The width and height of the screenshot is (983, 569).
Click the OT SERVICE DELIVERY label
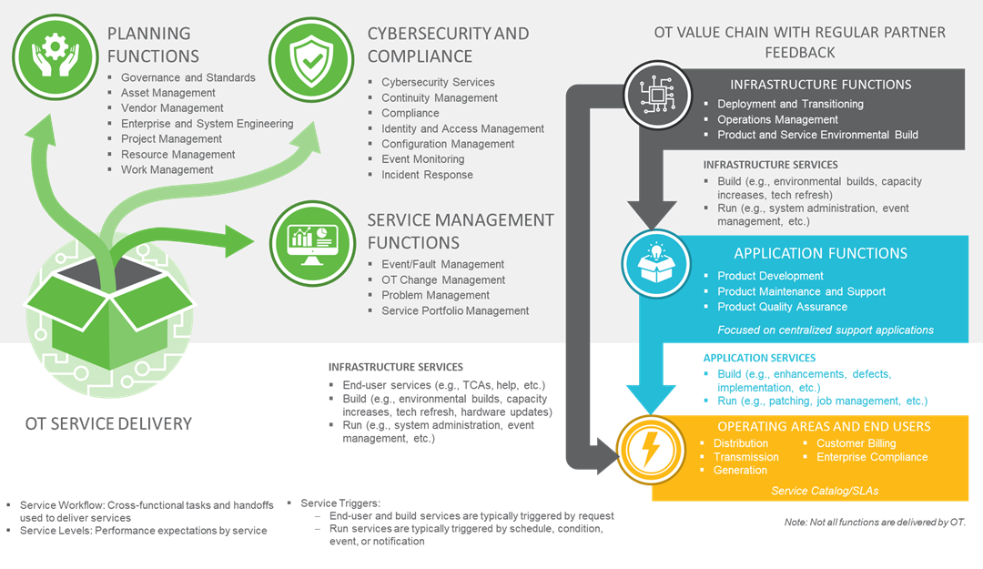click(x=107, y=423)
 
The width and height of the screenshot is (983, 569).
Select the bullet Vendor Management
click(x=172, y=108)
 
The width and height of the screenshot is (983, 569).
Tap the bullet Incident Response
click(x=427, y=175)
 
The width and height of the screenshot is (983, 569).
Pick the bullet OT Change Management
click(x=443, y=279)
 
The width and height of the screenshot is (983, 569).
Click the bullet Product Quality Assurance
click(x=783, y=307)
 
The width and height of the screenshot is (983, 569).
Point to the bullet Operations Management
click(x=777, y=119)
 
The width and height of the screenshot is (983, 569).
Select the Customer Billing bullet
click(x=856, y=443)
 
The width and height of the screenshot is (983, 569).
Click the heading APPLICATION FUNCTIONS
click(x=820, y=253)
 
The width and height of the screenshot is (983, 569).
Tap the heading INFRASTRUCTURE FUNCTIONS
click(x=820, y=85)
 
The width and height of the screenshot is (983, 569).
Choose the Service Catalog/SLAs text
click(x=824, y=491)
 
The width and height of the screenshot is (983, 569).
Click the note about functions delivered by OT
click(x=874, y=522)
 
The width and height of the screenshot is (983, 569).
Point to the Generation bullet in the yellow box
click(x=740, y=470)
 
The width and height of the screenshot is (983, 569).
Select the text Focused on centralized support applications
click(x=826, y=330)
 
